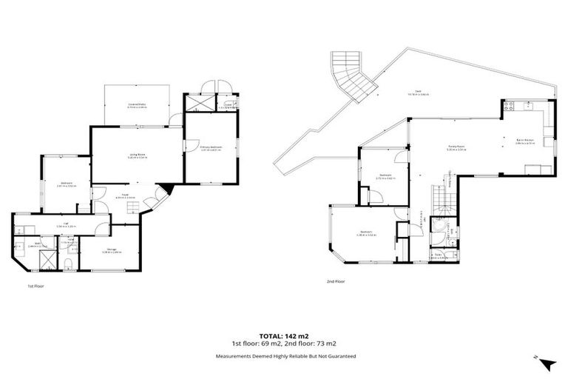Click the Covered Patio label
coord(136,106)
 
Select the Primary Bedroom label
coord(212,148)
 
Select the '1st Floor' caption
coord(36,285)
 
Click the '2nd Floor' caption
coord(337,281)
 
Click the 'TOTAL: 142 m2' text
coord(285,335)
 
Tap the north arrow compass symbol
coord(547,363)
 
